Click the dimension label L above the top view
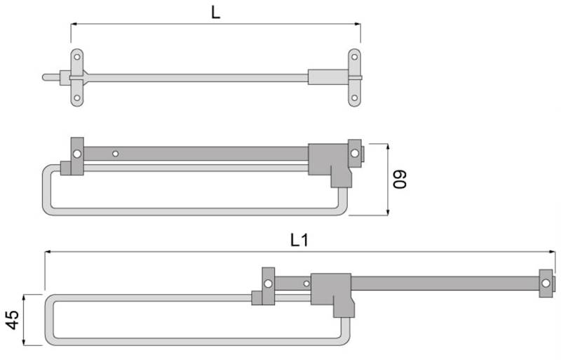click(216, 12)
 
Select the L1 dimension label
click(299, 240)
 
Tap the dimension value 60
click(400, 179)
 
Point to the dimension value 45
click(11, 320)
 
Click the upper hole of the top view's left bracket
click(77, 57)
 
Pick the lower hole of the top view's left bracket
click(77, 98)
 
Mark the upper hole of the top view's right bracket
click(355, 57)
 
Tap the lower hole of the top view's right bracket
click(355, 98)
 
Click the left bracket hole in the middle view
click(77, 153)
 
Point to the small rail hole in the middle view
click(116, 153)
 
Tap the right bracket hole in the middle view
click(355, 152)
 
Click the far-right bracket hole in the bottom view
click(546, 284)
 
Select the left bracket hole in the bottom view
click(268, 284)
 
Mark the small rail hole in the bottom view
click(306, 284)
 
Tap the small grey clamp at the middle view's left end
click(66, 168)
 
